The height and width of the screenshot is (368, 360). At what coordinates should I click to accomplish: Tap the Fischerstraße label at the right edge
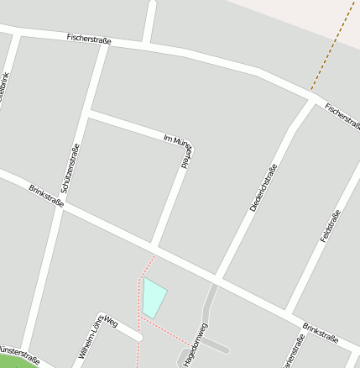[x=342, y=118]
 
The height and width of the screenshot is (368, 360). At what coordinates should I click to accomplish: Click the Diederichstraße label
[x=263, y=187]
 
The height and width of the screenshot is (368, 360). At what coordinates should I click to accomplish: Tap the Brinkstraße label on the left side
[x=47, y=198]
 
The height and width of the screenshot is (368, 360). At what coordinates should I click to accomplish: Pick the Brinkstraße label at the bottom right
[x=321, y=333]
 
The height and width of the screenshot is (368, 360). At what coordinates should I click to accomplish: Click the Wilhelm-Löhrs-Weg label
[x=97, y=339]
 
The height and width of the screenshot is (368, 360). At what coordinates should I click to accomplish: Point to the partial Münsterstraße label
[x=18, y=350]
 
